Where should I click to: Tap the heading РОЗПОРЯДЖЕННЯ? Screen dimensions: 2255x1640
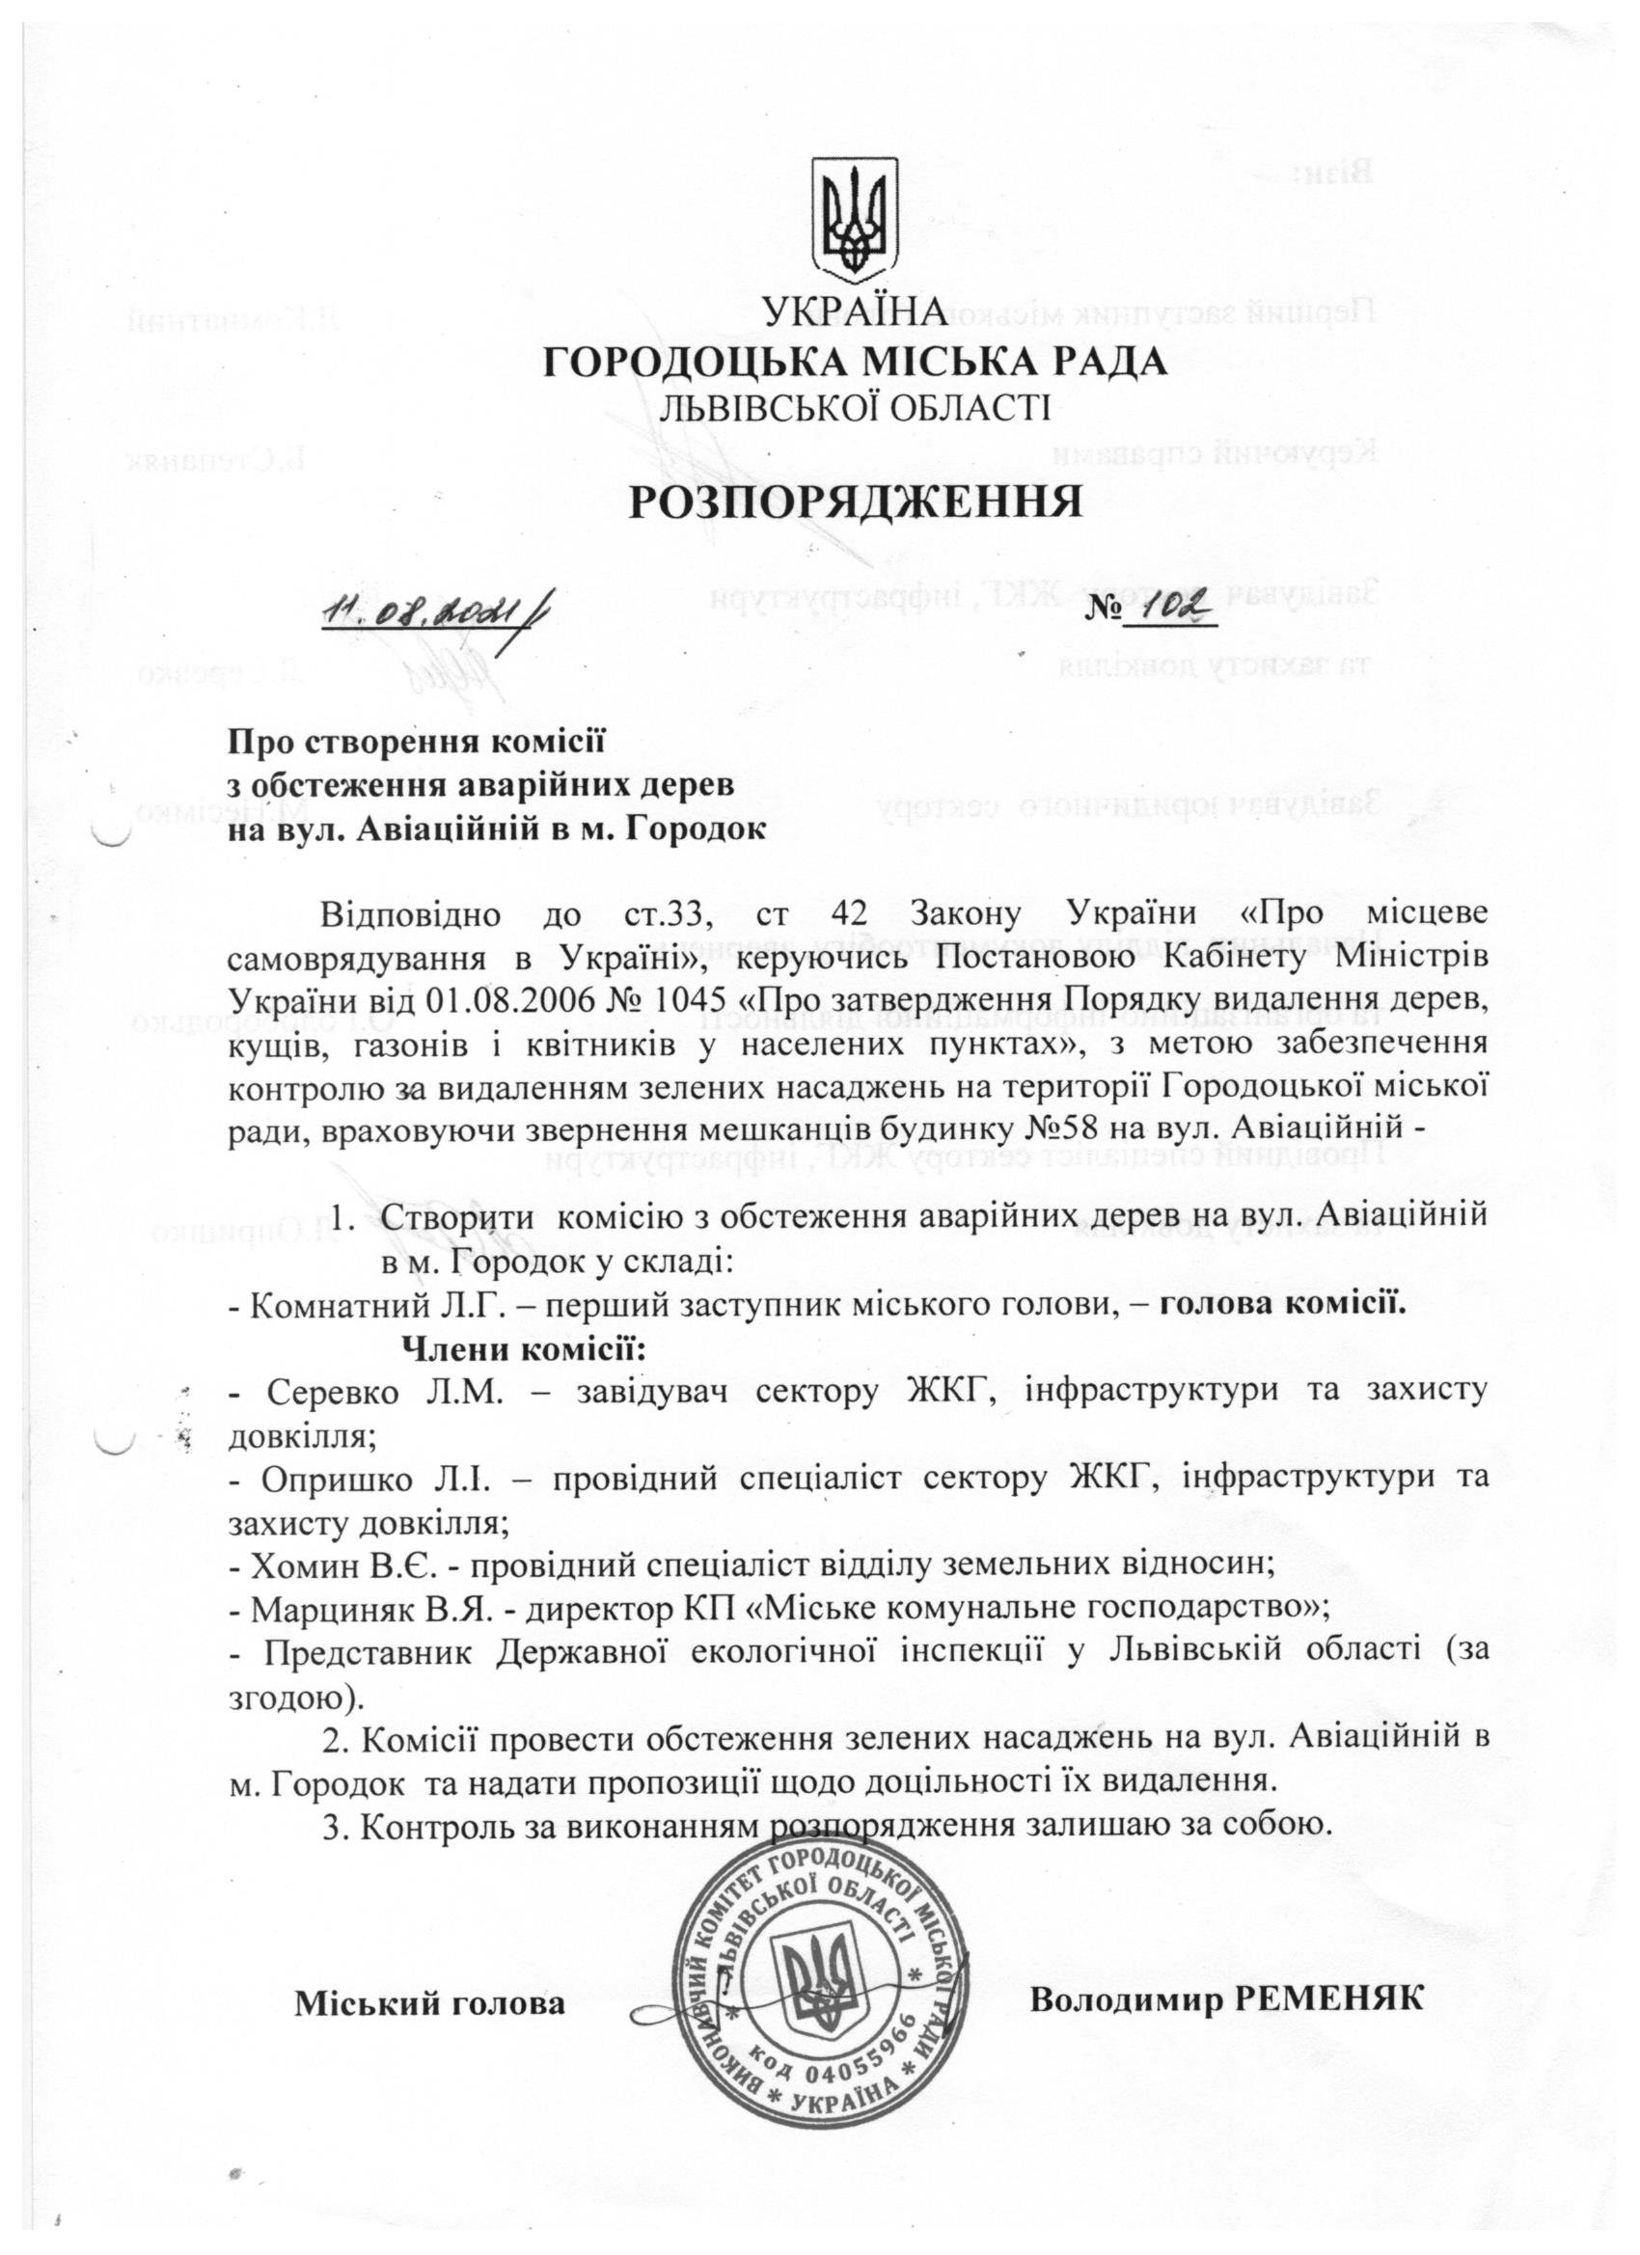856,503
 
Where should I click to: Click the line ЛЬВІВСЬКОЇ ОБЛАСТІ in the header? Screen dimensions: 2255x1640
855,408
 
